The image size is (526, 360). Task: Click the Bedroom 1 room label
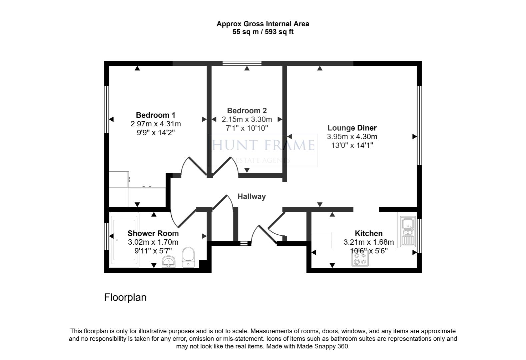coord(155,115)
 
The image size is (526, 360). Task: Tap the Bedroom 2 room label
coord(247,111)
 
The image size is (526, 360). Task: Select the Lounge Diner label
coord(352,128)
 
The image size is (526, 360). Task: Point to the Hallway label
coord(251,197)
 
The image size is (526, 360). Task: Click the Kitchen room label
coord(369,233)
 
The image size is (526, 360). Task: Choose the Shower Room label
coord(153,233)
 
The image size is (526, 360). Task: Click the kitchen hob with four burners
coord(360,259)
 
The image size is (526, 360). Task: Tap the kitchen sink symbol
coord(408,231)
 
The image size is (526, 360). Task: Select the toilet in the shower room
coord(189,257)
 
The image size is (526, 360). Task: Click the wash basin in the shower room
coord(169,262)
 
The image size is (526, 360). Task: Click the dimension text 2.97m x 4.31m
coord(156,124)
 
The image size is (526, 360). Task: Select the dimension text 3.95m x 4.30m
coord(352,137)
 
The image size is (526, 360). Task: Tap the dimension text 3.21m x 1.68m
coord(369,242)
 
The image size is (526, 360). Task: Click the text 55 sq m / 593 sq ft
coord(263,32)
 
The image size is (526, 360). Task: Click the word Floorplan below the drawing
coord(125,297)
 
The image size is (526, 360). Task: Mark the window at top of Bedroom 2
coord(242,63)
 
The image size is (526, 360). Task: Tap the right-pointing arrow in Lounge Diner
coord(415,136)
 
